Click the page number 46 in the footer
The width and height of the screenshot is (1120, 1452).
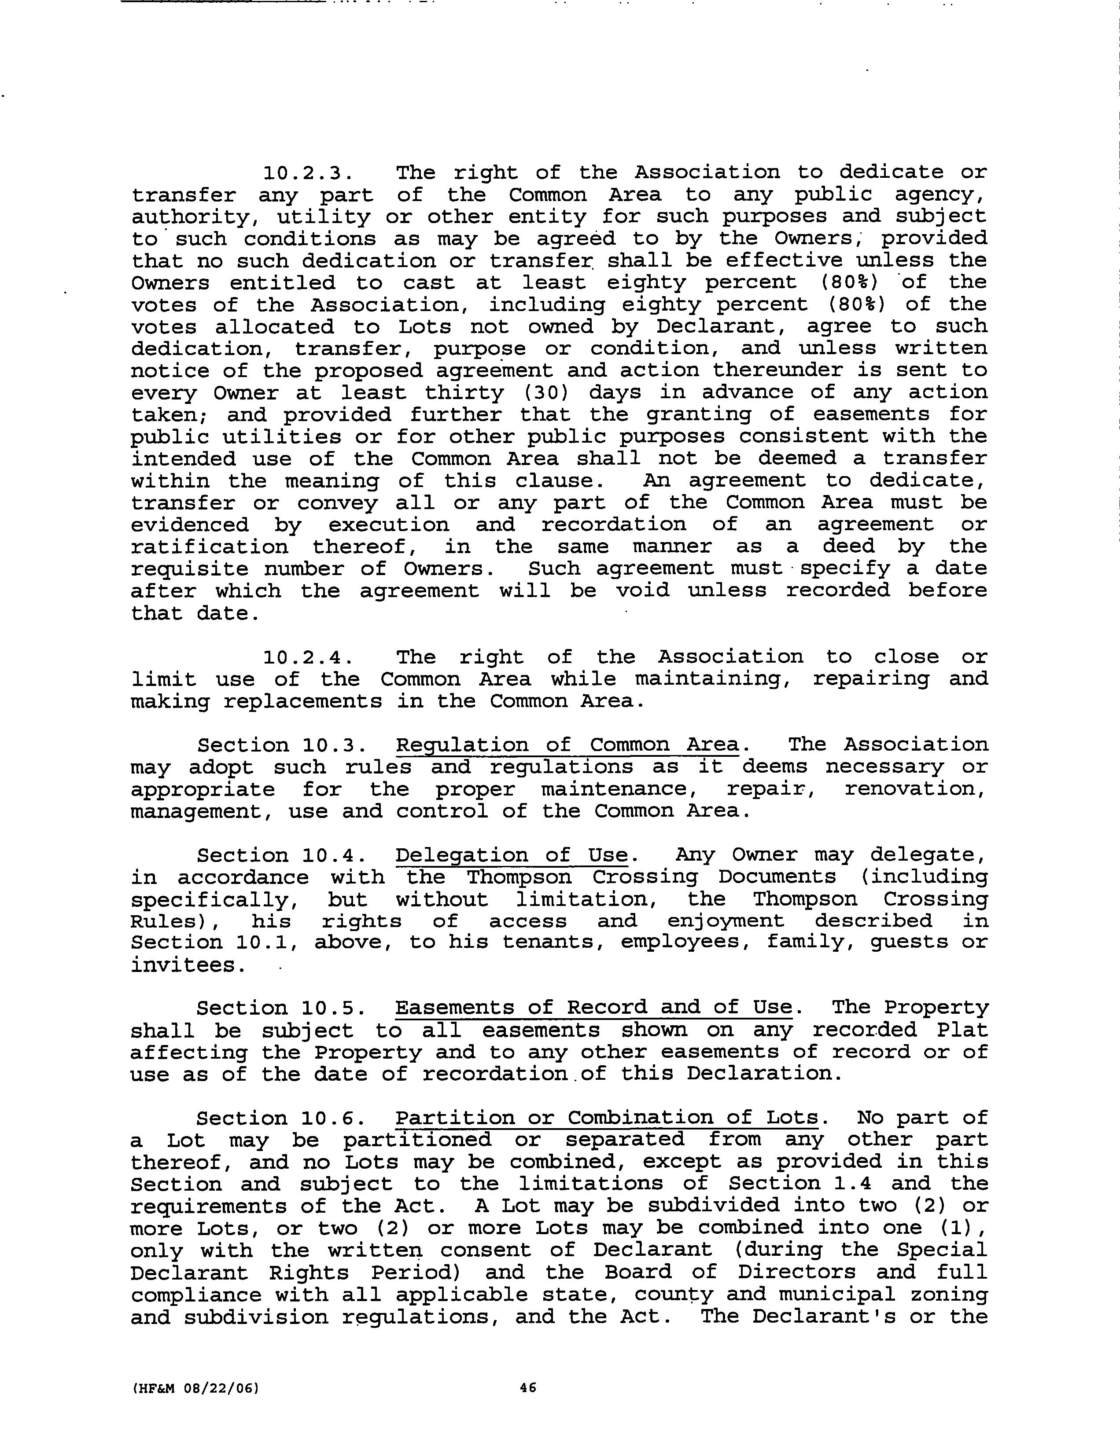tap(528, 1387)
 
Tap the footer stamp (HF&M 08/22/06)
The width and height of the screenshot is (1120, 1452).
tap(195, 1388)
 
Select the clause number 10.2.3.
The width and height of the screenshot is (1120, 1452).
tap(306, 173)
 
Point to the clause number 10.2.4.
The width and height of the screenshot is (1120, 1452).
tap(306, 657)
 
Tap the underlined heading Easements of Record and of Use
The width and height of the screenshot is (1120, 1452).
tap(594, 1008)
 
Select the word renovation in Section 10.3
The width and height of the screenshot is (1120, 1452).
tap(915, 789)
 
